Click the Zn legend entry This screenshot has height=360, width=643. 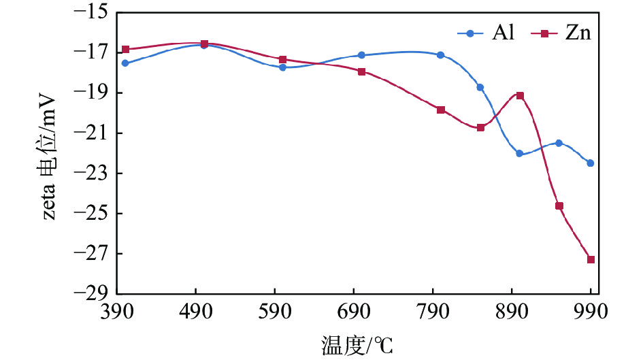pos(564,32)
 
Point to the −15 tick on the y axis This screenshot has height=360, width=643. pos(91,12)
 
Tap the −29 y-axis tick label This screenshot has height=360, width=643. pos(91,294)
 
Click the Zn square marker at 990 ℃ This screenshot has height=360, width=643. pos(591,259)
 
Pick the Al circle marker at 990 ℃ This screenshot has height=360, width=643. pos(590,163)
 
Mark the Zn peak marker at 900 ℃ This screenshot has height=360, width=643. pos(520,95)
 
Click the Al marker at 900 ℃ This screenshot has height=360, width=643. pos(519,154)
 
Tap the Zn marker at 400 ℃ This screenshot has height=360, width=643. pos(125,49)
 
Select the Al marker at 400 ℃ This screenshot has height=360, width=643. pos(125,63)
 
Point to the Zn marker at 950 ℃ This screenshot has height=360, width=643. pos(559,206)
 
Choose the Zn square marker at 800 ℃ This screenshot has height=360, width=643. pos(441,110)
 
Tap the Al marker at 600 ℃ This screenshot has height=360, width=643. pos(282,67)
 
